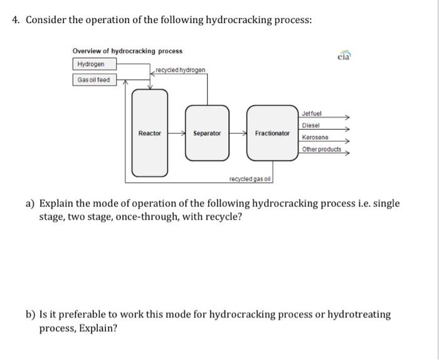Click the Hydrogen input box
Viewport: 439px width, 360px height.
point(91,65)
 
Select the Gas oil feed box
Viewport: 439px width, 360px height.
point(93,80)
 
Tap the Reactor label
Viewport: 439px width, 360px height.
point(149,133)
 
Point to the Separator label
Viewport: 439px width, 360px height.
point(207,133)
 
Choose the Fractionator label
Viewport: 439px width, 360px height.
point(272,133)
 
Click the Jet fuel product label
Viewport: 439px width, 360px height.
point(312,113)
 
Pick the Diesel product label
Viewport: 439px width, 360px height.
point(310,125)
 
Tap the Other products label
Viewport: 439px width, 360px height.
point(321,149)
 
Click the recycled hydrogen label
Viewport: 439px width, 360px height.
point(180,70)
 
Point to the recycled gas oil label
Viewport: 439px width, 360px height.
point(250,179)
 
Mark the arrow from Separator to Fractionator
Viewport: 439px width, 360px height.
point(238,133)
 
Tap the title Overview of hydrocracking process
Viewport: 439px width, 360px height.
point(127,51)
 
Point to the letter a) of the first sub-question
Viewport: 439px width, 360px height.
point(30,204)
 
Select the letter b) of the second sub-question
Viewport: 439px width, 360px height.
point(30,314)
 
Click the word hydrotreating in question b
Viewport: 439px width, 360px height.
point(361,314)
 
